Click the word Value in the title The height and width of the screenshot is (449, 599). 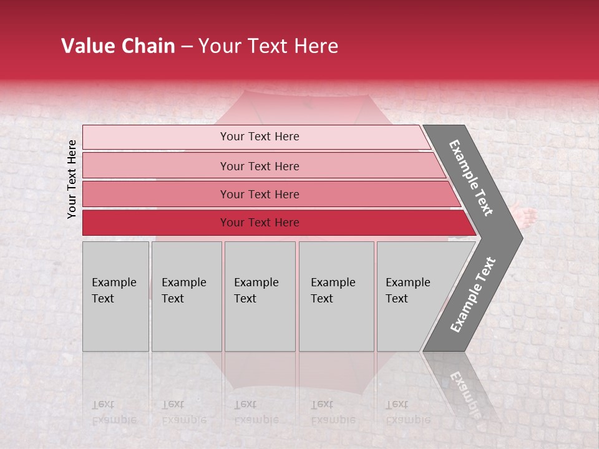(x=87, y=46)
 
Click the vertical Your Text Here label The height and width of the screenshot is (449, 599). (x=72, y=179)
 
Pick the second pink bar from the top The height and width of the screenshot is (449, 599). (x=260, y=166)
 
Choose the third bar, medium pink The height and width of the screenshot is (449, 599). (x=260, y=194)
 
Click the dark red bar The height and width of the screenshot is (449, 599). (x=260, y=223)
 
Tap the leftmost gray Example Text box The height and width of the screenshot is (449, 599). (x=115, y=296)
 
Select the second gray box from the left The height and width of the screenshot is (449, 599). (x=186, y=296)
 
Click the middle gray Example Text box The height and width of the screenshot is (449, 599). (x=260, y=296)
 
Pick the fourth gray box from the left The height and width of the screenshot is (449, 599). (x=336, y=296)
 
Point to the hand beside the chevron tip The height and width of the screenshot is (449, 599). (x=527, y=218)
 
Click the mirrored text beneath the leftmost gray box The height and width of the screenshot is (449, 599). (x=114, y=412)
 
